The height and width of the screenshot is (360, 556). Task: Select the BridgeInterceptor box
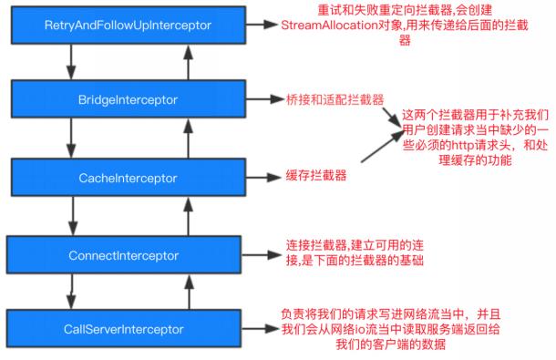128,98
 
